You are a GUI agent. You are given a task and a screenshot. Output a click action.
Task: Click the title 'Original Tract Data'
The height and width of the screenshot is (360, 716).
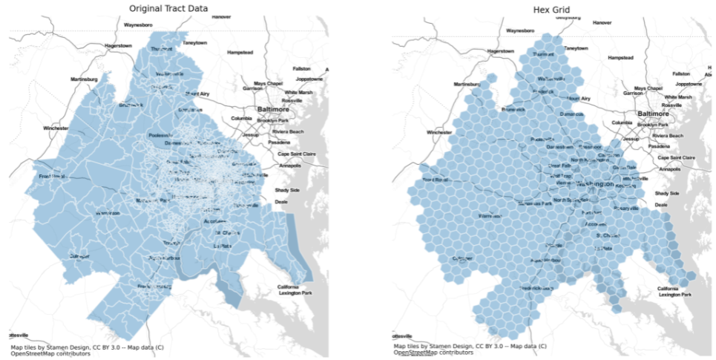tap(168, 8)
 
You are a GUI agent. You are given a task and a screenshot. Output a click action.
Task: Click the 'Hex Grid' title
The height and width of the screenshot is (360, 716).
tap(551, 8)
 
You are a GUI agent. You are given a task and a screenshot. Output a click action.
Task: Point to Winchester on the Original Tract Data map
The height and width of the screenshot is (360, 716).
tap(56, 128)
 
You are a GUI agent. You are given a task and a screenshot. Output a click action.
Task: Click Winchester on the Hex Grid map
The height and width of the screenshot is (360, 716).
tap(439, 133)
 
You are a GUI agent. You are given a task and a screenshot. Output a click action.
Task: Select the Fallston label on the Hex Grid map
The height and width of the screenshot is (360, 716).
tap(681, 73)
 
